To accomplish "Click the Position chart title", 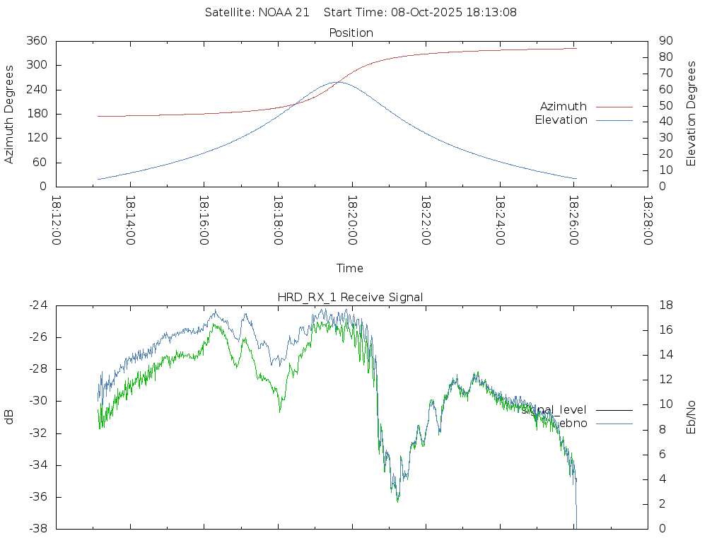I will pyautogui.click(x=351, y=33).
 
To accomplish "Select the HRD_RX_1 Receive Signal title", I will pyautogui.click(x=351, y=297).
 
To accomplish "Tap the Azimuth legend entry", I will pyautogui.click(x=564, y=106).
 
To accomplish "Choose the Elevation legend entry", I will pyautogui.click(x=561, y=120).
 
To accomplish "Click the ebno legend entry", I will pyautogui.click(x=573, y=423).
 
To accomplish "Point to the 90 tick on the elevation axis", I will pyautogui.click(x=664, y=41).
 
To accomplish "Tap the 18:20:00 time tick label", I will pyautogui.click(x=351, y=221).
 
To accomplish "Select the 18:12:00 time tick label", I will pyautogui.click(x=57, y=221).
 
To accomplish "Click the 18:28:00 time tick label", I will pyautogui.click(x=647, y=221).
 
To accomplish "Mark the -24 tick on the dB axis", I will pyautogui.click(x=38, y=305).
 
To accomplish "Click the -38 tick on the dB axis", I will pyautogui.click(x=38, y=529).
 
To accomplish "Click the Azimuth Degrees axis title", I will pyautogui.click(x=10, y=114).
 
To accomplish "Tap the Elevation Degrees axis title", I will pyautogui.click(x=691, y=114).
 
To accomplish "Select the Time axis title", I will pyautogui.click(x=350, y=268).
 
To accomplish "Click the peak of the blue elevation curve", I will pyautogui.click(x=337, y=82).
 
